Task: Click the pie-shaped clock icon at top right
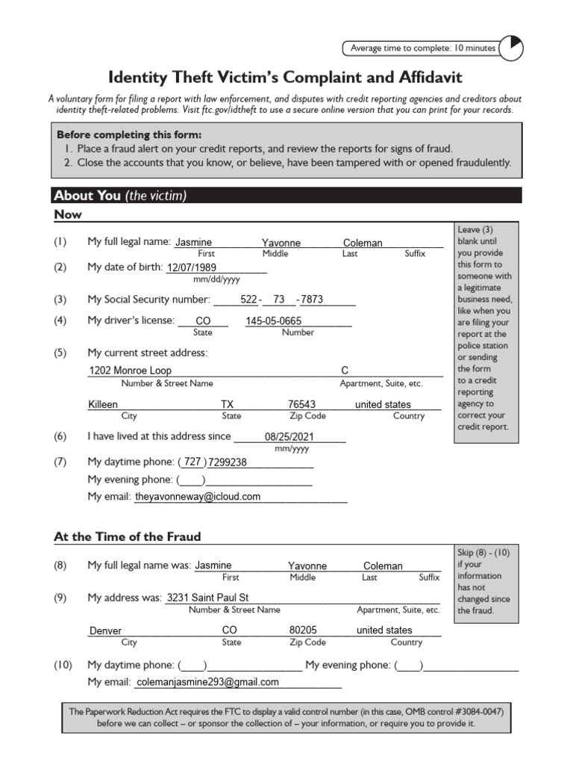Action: coord(511,49)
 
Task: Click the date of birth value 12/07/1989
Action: coord(192,268)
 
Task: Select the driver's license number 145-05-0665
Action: coord(274,321)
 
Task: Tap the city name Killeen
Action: coord(103,404)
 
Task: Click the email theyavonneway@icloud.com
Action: coord(198,497)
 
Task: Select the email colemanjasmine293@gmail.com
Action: coord(207,682)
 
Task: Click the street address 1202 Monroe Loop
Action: coord(130,371)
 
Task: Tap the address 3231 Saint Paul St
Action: coord(207,598)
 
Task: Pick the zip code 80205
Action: coord(303,630)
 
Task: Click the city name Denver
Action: coord(105,631)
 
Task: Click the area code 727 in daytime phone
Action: coord(192,462)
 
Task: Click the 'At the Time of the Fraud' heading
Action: coord(128,537)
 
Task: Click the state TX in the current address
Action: coord(228,404)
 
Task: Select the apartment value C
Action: coord(345,371)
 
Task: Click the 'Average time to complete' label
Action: coord(422,49)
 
